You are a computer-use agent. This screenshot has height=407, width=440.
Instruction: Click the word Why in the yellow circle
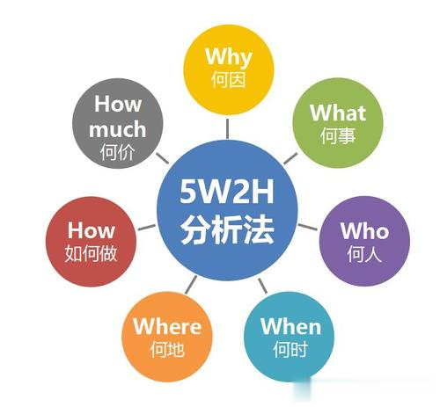(x=229, y=57)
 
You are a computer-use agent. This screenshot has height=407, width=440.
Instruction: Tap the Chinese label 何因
(x=229, y=79)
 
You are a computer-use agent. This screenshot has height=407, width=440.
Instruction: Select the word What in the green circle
(x=338, y=113)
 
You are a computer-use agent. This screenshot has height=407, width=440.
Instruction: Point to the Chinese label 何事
(x=338, y=135)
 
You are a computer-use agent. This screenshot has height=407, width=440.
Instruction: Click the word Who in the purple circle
(x=364, y=230)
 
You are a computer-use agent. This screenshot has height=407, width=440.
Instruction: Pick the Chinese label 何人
(x=364, y=253)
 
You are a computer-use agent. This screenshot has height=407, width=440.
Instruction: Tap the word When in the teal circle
(x=290, y=326)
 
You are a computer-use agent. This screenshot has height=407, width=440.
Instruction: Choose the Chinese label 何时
(x=290, y=349)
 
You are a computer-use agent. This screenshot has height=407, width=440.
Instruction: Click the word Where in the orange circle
(x=167, y=326)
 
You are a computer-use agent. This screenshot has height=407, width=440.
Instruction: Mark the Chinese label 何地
(x=167, y=349)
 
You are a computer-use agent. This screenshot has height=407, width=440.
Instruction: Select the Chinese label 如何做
(x=91, y=253)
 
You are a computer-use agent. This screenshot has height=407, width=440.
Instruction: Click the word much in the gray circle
(x=117, y=129)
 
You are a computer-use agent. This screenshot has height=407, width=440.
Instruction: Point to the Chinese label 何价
(x=117, y=152)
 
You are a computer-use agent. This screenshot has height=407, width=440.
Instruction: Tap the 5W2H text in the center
(x=227, y=192)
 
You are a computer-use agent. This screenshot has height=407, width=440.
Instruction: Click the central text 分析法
(x=227, y=229)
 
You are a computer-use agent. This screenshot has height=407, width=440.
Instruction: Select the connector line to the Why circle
(x=227, y=128)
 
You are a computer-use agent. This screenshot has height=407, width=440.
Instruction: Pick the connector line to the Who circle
(x=308, y=227)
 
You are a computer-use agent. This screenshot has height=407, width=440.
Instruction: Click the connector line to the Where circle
(x=191, y=285)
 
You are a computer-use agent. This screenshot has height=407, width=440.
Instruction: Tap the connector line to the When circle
(x=262, y=286)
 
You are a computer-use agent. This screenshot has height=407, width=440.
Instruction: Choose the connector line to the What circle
(x=290, y=158)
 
